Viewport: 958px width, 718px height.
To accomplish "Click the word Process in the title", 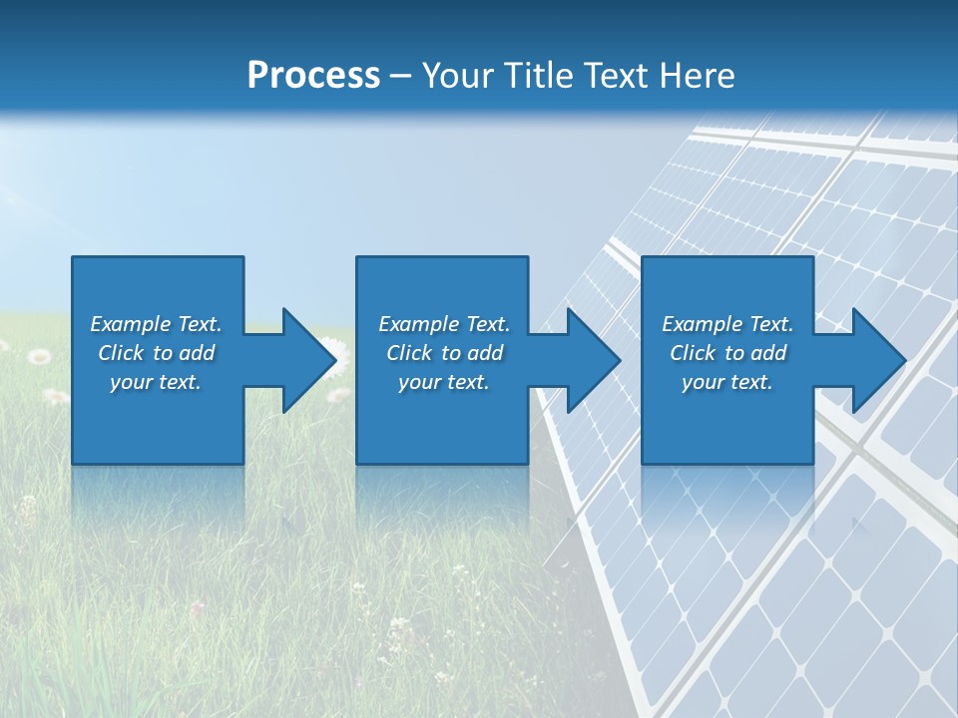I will (313, 76).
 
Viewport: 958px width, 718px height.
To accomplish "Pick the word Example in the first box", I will (131, 324).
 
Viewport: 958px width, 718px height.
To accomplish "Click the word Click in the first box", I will (122, 353).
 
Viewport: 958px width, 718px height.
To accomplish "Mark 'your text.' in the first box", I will (156, 382).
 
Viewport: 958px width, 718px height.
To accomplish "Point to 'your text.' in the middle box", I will (443, 382).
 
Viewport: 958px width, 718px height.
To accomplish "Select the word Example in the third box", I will (703, 324).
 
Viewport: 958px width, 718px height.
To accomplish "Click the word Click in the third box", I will (694, 353).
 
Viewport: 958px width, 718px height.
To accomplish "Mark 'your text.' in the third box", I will (726, 382).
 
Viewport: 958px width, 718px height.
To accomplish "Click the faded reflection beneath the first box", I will (158, 499).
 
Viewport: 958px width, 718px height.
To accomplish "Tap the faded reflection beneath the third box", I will (726, 499).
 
